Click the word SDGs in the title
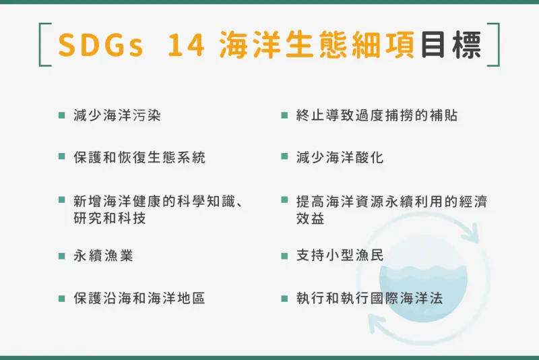100,45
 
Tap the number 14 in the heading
186,45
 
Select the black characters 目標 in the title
451,44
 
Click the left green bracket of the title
42,44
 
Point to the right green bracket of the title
497,44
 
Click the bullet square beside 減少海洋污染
62,115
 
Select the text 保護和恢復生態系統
139,158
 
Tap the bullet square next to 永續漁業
62,256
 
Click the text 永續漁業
103,256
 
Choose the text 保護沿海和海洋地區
139,298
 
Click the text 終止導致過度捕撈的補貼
377,115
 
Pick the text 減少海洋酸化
340,158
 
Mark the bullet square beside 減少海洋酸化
284,157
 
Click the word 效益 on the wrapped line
310,218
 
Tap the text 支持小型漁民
340,256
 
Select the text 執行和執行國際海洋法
369,298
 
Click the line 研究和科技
110,218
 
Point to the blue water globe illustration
424,278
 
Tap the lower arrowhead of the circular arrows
377,323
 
